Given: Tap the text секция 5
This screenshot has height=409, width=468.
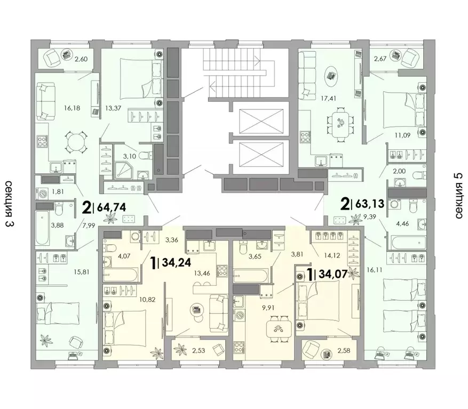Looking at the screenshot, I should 458,196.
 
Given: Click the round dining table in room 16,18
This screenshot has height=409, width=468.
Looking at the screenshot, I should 76,142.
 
